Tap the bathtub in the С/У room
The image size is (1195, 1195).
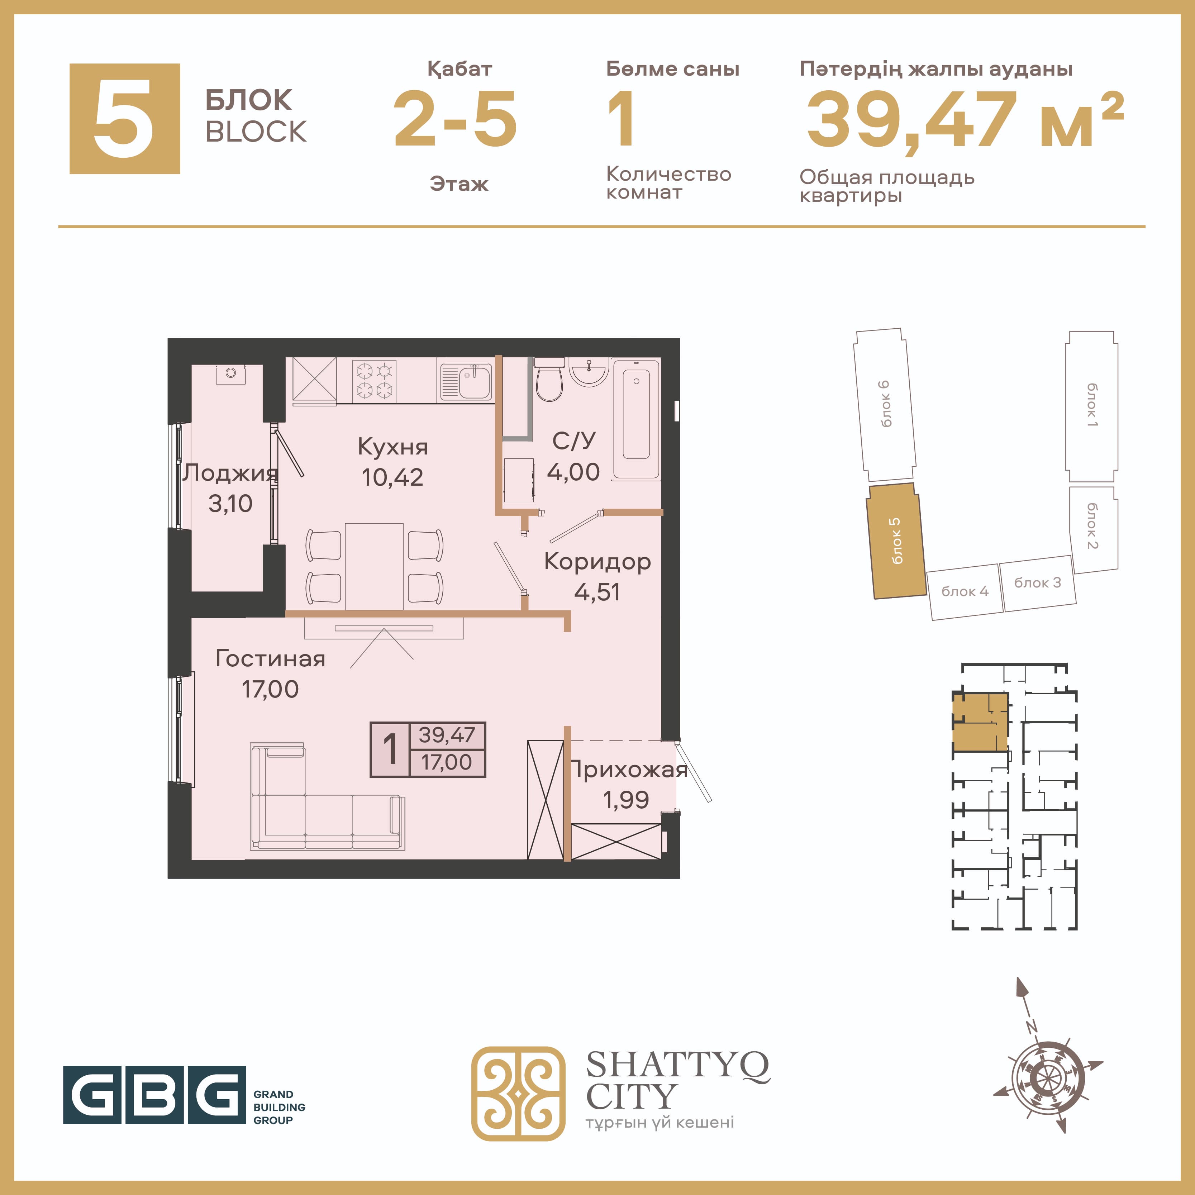tap(636, 419)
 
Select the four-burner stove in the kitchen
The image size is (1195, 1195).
tap(374, 380)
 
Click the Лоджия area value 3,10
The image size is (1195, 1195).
tap(230, 504)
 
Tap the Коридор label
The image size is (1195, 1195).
tap(597, 562)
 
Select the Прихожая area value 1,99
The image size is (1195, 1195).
tap(626, 800)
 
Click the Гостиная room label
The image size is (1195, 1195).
tap(270, 659)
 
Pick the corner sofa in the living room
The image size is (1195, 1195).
tap(328, 796)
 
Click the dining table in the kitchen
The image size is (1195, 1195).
tap(374, 566)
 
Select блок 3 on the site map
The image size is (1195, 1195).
tap(1037, 583)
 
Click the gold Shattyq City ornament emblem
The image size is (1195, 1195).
tap(518, 1094)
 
